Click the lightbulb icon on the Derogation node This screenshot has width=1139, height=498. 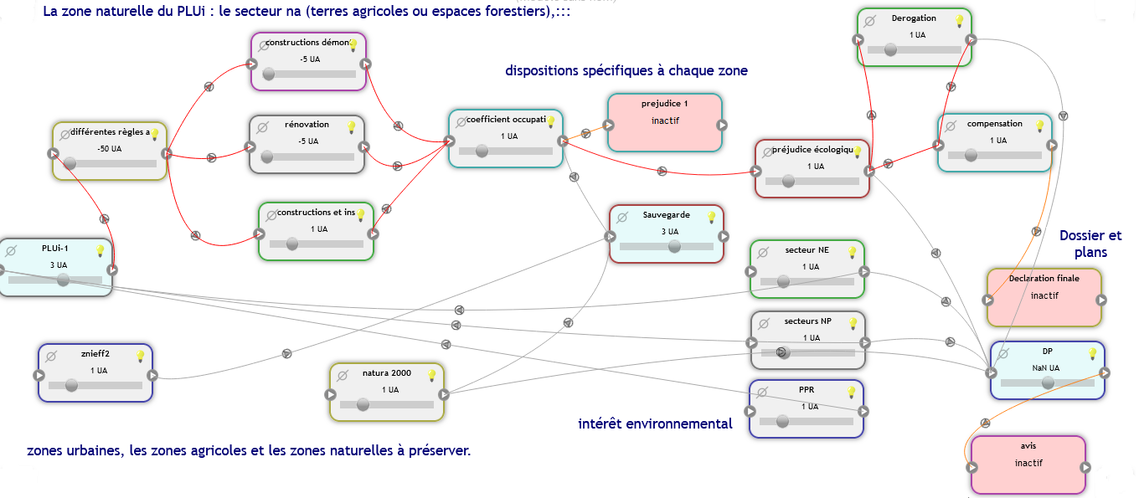[959, 21]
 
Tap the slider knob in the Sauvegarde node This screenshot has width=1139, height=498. [674, 246]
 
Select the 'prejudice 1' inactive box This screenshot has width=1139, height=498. [664, 122]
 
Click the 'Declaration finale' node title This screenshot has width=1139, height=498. [1044, 279]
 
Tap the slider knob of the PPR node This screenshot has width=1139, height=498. [782, 421]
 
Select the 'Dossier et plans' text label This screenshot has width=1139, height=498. [1090, 244]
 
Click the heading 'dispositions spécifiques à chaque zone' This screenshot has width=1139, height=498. [626, 71]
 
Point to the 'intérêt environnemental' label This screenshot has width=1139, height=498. [655, 424]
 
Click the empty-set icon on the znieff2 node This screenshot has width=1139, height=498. [50, 356]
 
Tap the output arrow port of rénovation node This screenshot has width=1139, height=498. [363, 147]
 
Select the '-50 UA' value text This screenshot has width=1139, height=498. [109, 149]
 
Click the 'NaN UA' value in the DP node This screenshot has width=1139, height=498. [1046, 367]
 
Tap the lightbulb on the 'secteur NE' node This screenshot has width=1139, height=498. [853, 252]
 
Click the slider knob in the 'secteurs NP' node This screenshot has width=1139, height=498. [782, 352]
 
